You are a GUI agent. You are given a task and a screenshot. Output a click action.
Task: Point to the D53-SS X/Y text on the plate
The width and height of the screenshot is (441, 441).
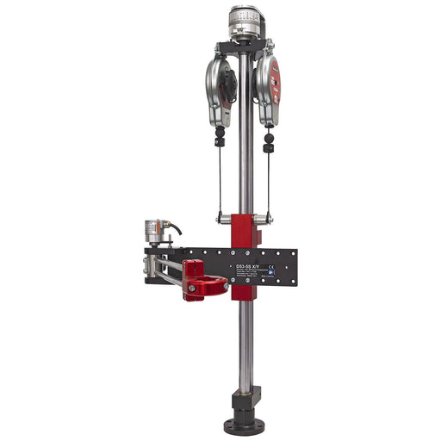pyautogui.click(x=251, y=267)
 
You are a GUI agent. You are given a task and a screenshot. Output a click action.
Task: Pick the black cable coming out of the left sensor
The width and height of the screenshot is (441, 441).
pyautogui.click(x=175, y=228)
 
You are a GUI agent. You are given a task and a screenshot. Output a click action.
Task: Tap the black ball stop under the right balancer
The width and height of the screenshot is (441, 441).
pyautogui.click(x=270, y=137)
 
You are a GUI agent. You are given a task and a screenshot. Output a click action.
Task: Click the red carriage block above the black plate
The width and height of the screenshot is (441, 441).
pyautogui.click(x=245, y=230)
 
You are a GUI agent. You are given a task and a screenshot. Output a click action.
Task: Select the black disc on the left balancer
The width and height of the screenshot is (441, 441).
pyautogui.click(x=228, y=82)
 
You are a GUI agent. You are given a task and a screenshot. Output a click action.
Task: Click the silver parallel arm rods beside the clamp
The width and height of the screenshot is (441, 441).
pyautogui.click(x=169, y=272)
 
